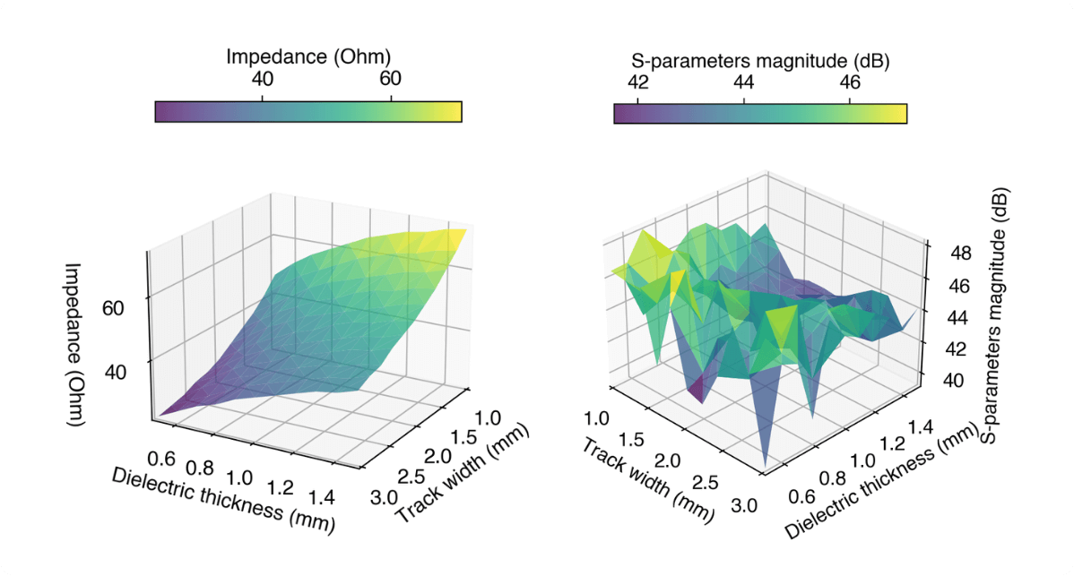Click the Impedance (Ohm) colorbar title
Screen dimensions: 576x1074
tap(308, 56)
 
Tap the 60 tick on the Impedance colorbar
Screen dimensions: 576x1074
tap(390, 79)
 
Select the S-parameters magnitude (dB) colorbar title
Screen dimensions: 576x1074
tap(760, 61)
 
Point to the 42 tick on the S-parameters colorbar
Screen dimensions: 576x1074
tap(638, 82)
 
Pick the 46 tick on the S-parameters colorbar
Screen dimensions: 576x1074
tap(850, 82)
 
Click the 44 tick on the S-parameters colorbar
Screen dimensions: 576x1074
tap(744, 82)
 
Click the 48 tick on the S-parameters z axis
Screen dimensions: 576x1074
tap(948, 254)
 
